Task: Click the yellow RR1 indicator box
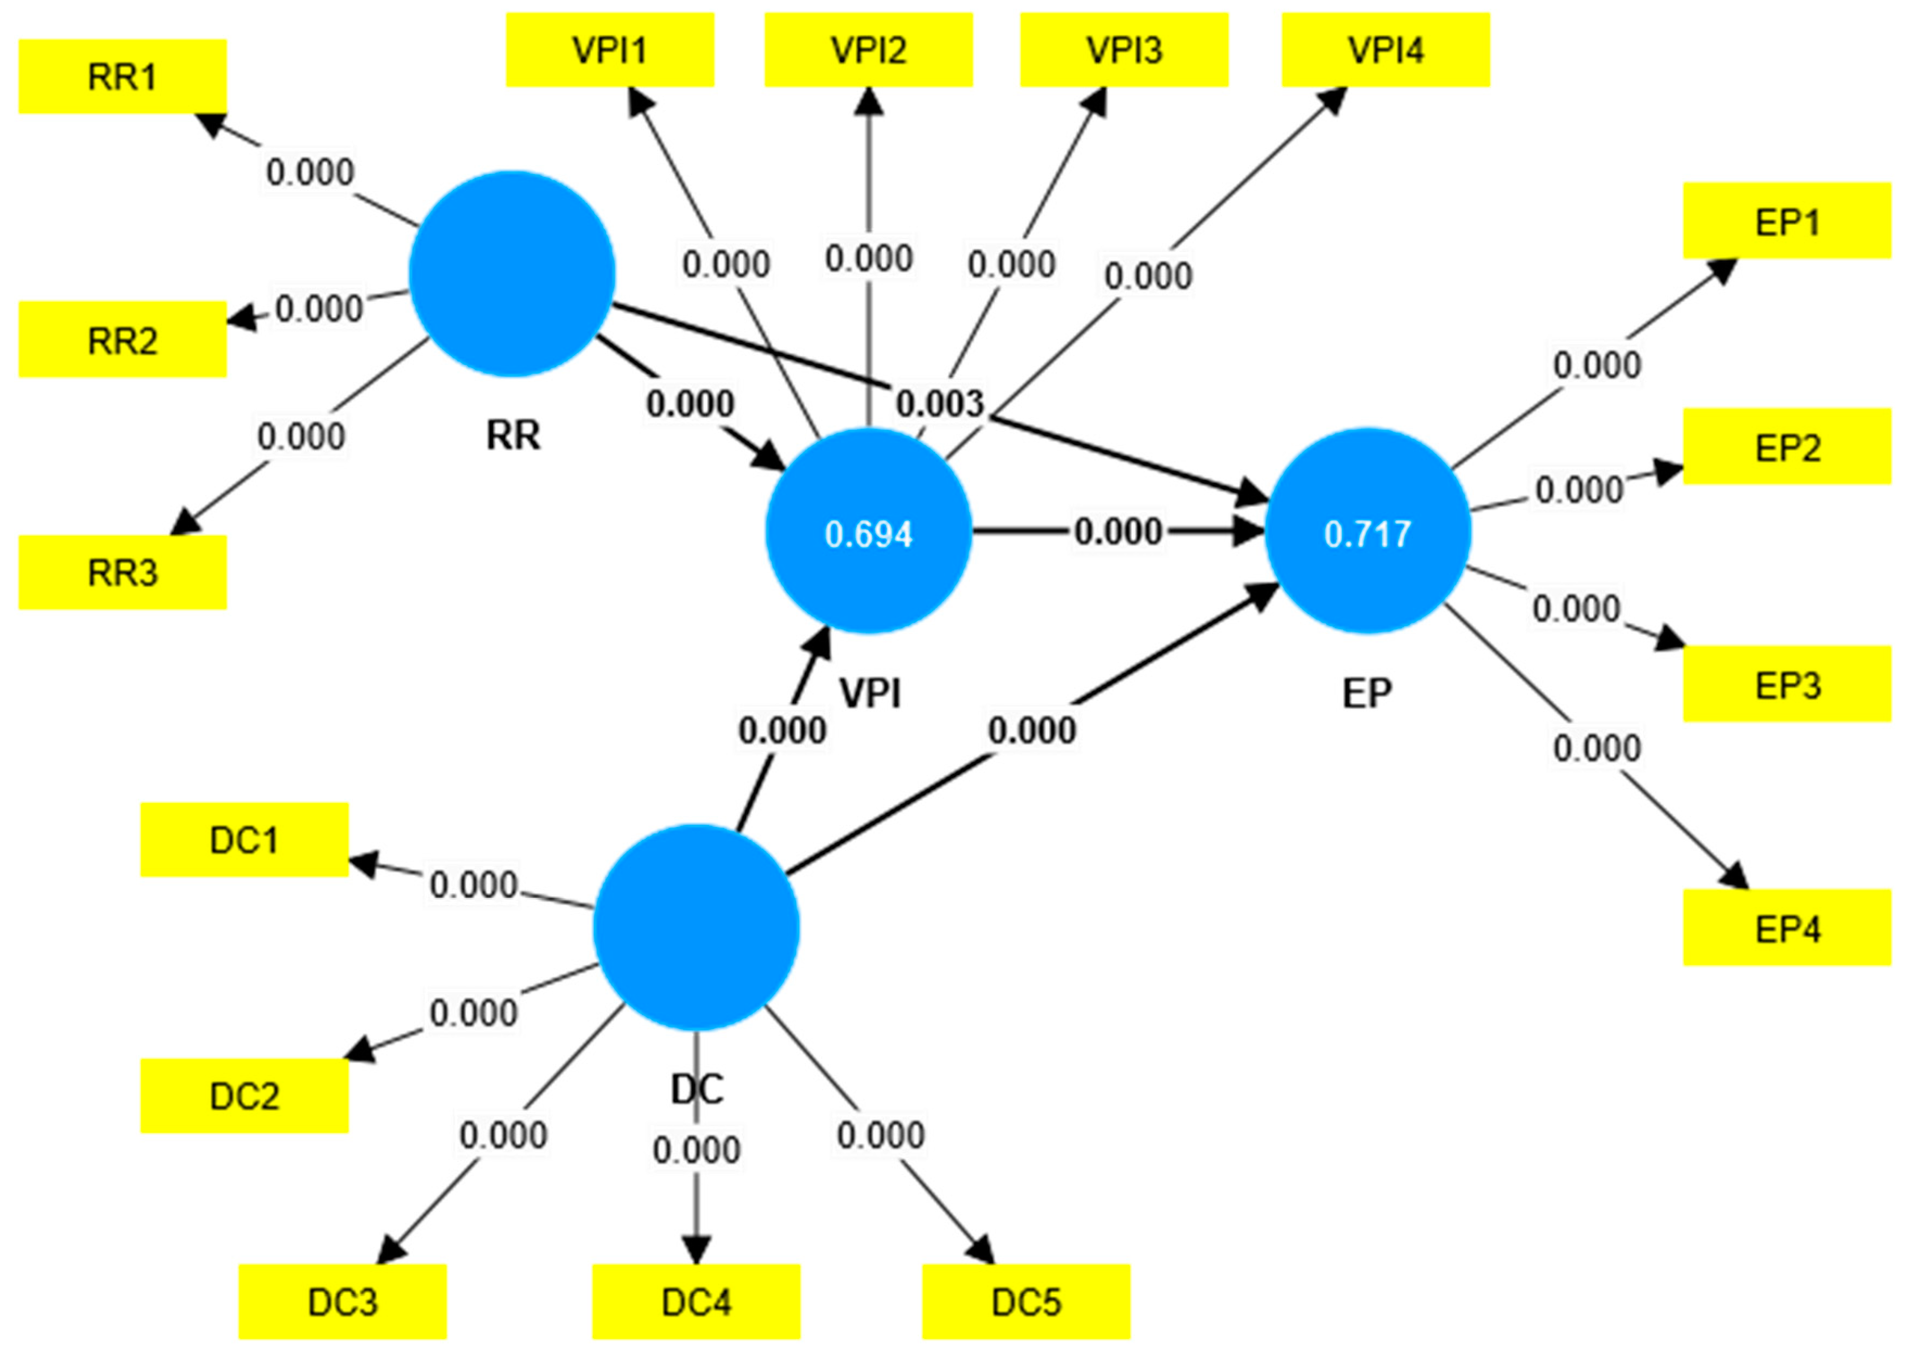122,77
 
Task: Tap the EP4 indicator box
1787,927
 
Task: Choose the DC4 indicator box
695,1302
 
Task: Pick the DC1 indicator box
244,840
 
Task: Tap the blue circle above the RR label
511,274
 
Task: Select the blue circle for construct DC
695,927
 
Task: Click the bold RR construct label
513,435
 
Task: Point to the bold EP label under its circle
1367,693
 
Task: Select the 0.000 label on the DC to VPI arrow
782,730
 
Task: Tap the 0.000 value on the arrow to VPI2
869,258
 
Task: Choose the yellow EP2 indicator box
1787,447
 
